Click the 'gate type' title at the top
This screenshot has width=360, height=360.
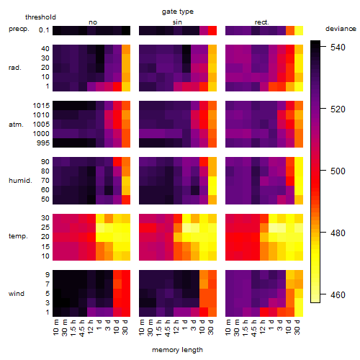click(178, 12)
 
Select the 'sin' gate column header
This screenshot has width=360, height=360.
click(177, 22)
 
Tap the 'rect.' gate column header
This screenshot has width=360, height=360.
click(262, 22)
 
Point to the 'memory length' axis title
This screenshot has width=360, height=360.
click(178, 350)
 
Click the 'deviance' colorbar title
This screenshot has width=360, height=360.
click(341, 29)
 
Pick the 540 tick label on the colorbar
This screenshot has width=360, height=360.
click(338, 48)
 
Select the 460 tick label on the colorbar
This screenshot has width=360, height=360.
click(338, 294)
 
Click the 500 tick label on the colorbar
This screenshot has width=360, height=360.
click(338, 171)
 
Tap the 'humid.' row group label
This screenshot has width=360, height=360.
click(20, 181)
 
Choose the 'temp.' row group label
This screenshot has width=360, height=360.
click(18, 236)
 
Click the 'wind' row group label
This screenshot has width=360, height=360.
click(17, 294)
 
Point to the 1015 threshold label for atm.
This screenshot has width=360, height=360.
click(41, 106)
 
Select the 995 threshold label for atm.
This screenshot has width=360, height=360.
click(43, 143)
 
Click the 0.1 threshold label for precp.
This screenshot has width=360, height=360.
click(44, 30)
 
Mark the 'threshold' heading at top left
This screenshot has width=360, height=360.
click(40, 17)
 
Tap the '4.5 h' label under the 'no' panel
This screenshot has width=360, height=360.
click(82, 328)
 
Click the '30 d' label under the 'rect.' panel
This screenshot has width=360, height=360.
click(297, 327)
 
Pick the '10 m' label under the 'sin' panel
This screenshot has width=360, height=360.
click(143, 328)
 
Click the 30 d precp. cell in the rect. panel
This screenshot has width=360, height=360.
click(299, 31)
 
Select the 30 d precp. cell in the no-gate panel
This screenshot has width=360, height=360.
click(126, 31)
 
